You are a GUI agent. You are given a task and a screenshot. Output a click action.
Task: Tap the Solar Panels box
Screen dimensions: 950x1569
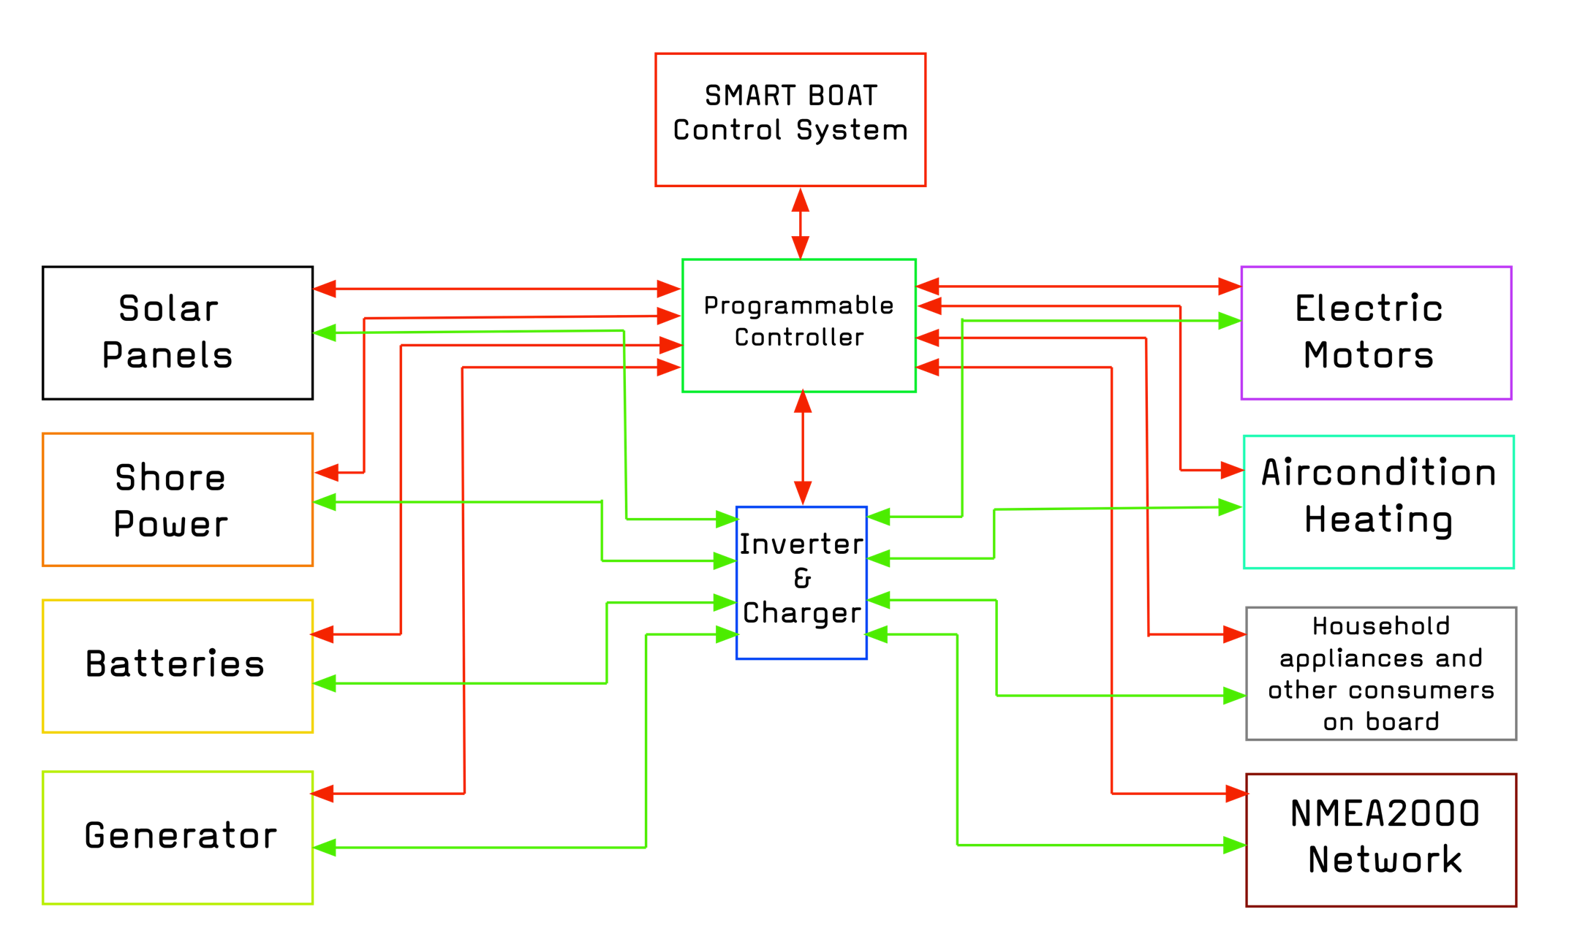[x=178, y=332]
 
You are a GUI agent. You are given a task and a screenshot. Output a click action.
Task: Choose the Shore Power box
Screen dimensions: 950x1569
[x=178, y=500]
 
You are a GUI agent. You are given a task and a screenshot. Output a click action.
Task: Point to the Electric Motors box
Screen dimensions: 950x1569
[x=1376, y=333]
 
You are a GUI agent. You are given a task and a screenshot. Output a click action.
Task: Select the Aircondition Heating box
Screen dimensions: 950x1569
[x=1379, y=502]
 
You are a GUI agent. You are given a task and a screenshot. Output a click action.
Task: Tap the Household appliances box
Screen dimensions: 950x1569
[x=1381, y=673]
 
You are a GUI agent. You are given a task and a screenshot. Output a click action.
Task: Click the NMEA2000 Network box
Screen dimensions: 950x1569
[x=1381, y=840]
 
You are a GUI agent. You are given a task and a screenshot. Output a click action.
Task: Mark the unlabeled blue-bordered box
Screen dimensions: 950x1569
[x=801, y=582]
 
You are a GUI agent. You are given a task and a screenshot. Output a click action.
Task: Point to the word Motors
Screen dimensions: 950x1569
[x=1368, y=356]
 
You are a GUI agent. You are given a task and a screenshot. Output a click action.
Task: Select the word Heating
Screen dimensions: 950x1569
[x=1378, y=520]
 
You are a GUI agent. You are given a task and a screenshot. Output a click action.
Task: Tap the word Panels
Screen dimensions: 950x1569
[x=167, y=356]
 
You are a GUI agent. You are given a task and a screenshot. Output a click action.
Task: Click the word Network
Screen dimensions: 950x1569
[x=1385, y=860]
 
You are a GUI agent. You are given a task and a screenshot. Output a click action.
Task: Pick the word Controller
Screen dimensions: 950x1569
[x=799, y=338]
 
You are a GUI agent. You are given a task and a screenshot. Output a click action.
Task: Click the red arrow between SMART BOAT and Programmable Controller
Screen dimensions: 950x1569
[x=801, y=223]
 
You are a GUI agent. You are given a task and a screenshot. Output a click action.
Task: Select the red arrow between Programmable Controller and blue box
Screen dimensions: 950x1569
[x=803, y=447]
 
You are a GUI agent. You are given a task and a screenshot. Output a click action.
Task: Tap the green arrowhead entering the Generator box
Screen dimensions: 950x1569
[x=325, y=847]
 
